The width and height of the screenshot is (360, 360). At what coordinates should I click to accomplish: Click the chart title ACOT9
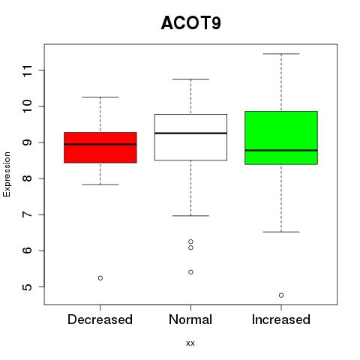pos(191,23)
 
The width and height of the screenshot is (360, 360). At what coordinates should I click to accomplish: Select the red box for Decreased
pos(100,148)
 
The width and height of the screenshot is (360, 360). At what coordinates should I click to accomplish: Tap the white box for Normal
pos(190,137)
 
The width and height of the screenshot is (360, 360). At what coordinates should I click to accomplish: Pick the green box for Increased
pos(281,138)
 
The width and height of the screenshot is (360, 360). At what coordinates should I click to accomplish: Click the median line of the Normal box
pos(190,133)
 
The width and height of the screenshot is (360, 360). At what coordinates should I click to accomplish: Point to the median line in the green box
pos(281,150)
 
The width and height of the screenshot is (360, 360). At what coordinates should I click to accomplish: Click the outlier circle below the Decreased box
pos(100,278)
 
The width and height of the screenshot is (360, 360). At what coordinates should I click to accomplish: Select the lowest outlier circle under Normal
pos(190,272)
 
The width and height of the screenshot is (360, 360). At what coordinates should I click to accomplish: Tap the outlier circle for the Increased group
pos(281,295)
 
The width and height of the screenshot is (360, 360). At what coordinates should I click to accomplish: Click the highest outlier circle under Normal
pos(190,241)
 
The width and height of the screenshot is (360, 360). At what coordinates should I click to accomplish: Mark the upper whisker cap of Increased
pos(281,54)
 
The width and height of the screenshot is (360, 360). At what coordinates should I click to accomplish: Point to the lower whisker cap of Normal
pos(190,215)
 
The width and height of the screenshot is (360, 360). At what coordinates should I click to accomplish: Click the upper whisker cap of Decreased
pos(100,97)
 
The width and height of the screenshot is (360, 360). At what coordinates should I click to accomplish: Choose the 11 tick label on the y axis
pos(28,70)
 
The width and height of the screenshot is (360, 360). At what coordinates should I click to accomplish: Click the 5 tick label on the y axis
pos(28,286)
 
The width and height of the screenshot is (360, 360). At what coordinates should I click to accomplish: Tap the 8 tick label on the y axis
pos(28,178)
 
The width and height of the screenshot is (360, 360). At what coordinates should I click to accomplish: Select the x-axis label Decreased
pos(100,319)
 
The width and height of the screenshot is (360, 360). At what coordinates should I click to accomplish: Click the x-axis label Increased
pos(281,319)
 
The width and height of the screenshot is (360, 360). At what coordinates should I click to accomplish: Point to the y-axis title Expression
pos(7,174)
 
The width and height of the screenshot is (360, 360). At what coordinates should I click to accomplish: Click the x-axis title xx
pos(190,343)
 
